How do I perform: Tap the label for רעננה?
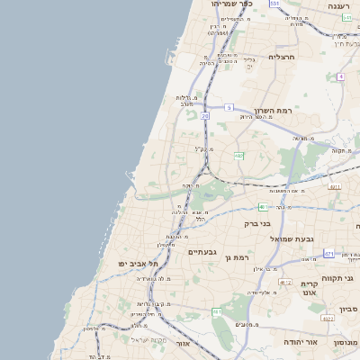click(x=338, y=6)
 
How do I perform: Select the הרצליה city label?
click(x=282, y=57)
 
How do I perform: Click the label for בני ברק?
click(x=257, y=222)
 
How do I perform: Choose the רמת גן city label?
click(x=238, y=257)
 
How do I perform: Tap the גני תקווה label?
click(x=342, y=278)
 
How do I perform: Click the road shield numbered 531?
click(x=274, y=4)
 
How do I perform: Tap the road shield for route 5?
click(x=229, y=107)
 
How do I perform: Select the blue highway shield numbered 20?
click(x=205, y=116)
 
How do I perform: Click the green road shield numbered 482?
click(x=238, y=156)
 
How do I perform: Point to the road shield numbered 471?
click(x=328, y=253)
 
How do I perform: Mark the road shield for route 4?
click(x=341, y=76)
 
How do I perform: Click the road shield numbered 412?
click(x=286, y=282)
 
